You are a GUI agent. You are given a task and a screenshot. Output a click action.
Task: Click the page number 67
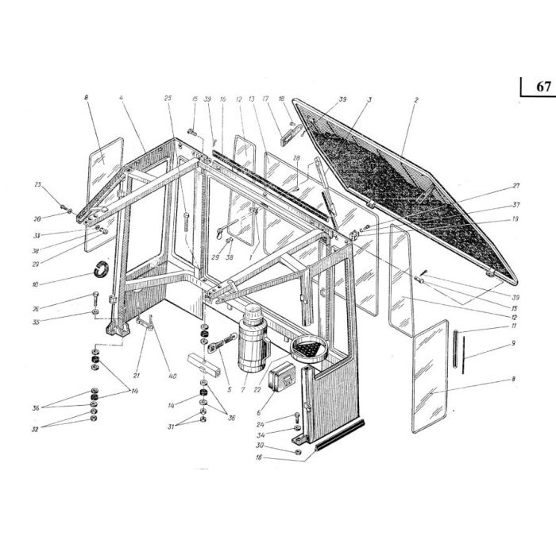(542, 87)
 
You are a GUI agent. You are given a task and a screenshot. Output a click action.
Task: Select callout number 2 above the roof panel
(415, 101)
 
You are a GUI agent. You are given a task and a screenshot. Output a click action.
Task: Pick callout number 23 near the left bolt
(37, 185)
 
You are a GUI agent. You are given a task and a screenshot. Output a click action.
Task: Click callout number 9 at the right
(513, 343)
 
